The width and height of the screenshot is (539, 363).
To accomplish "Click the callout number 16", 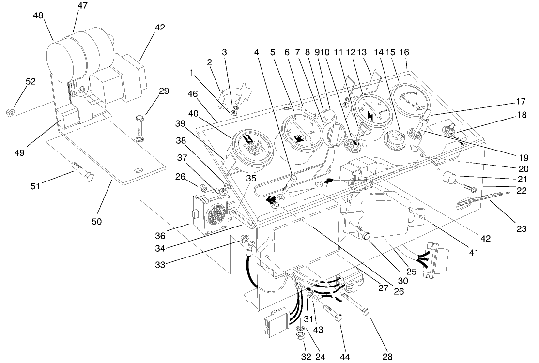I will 404,52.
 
